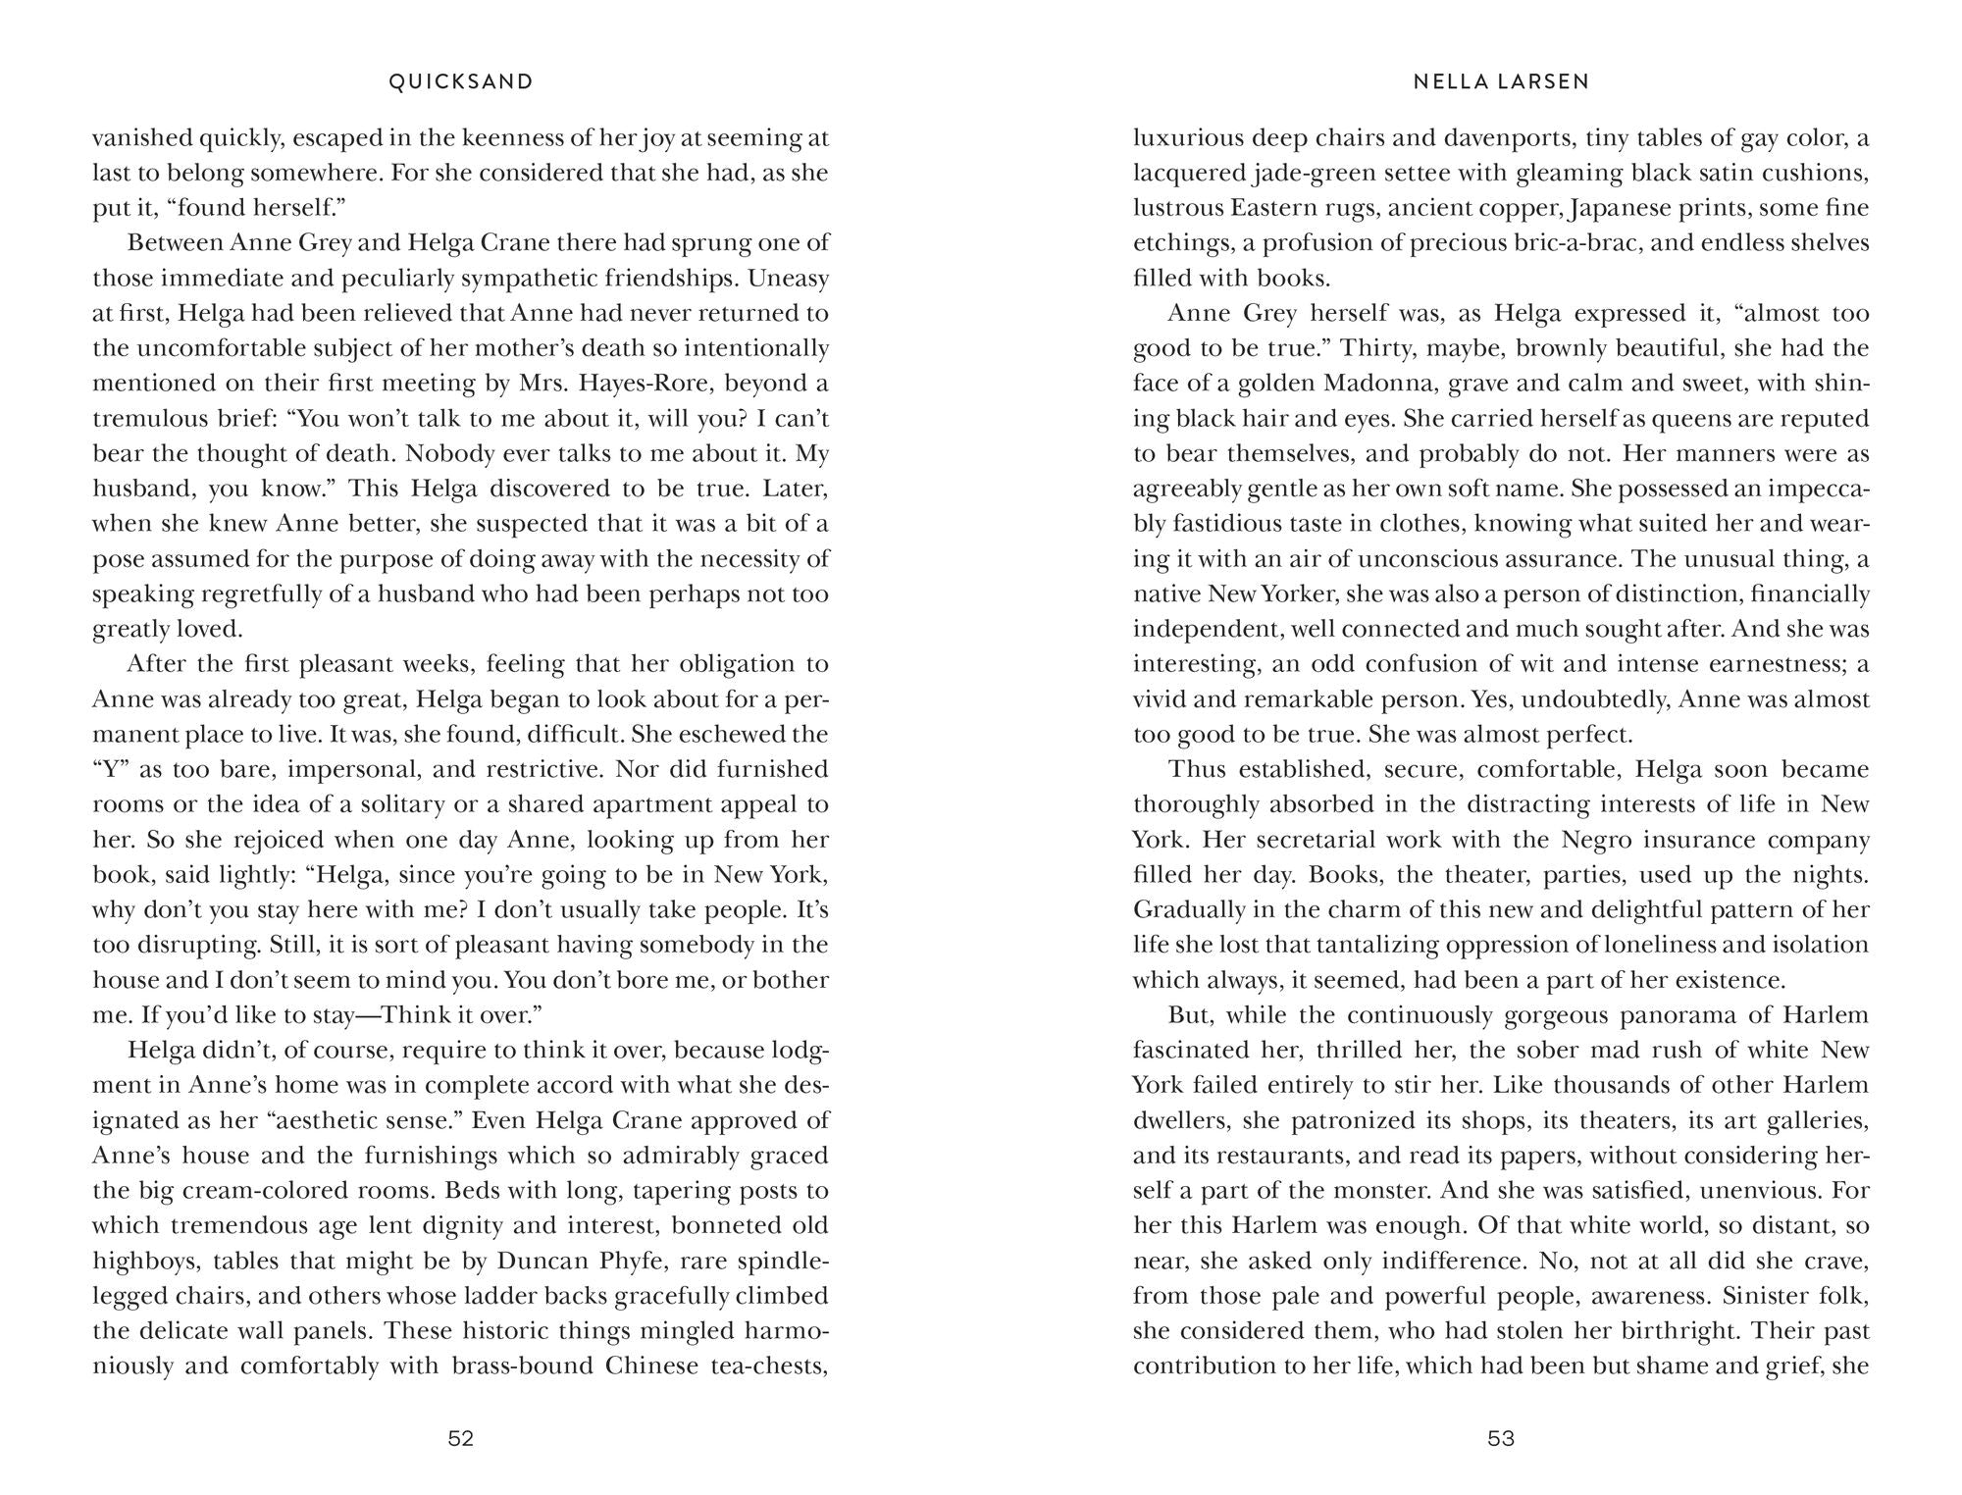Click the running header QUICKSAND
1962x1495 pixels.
(x=461, y=82)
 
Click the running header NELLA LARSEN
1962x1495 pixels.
(x=1501, y=82)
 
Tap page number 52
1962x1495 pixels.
(x=461, y=1439)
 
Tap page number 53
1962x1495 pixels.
(x=1501, y=1439)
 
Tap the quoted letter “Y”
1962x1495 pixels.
(x=113, y=770)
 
